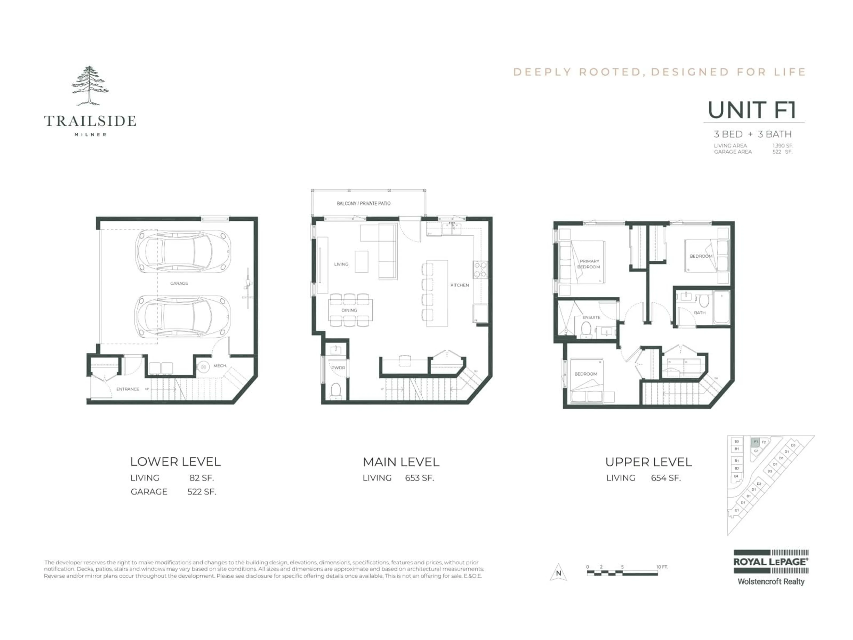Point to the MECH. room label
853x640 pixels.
click(x=220, y=366)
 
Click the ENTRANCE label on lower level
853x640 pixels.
click(x=128, y=389)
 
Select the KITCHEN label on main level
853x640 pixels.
click(x=460, y=285)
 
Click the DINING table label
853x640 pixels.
click(x=349, y=310)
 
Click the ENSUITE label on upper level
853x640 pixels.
click(x=591, y=318)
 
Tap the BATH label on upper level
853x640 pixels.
click(x=700, y=313)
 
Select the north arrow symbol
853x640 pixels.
click(x=558, y=572)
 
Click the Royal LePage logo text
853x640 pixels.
click(x=770, y=562)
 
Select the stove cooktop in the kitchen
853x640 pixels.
click(x=480, y=270)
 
